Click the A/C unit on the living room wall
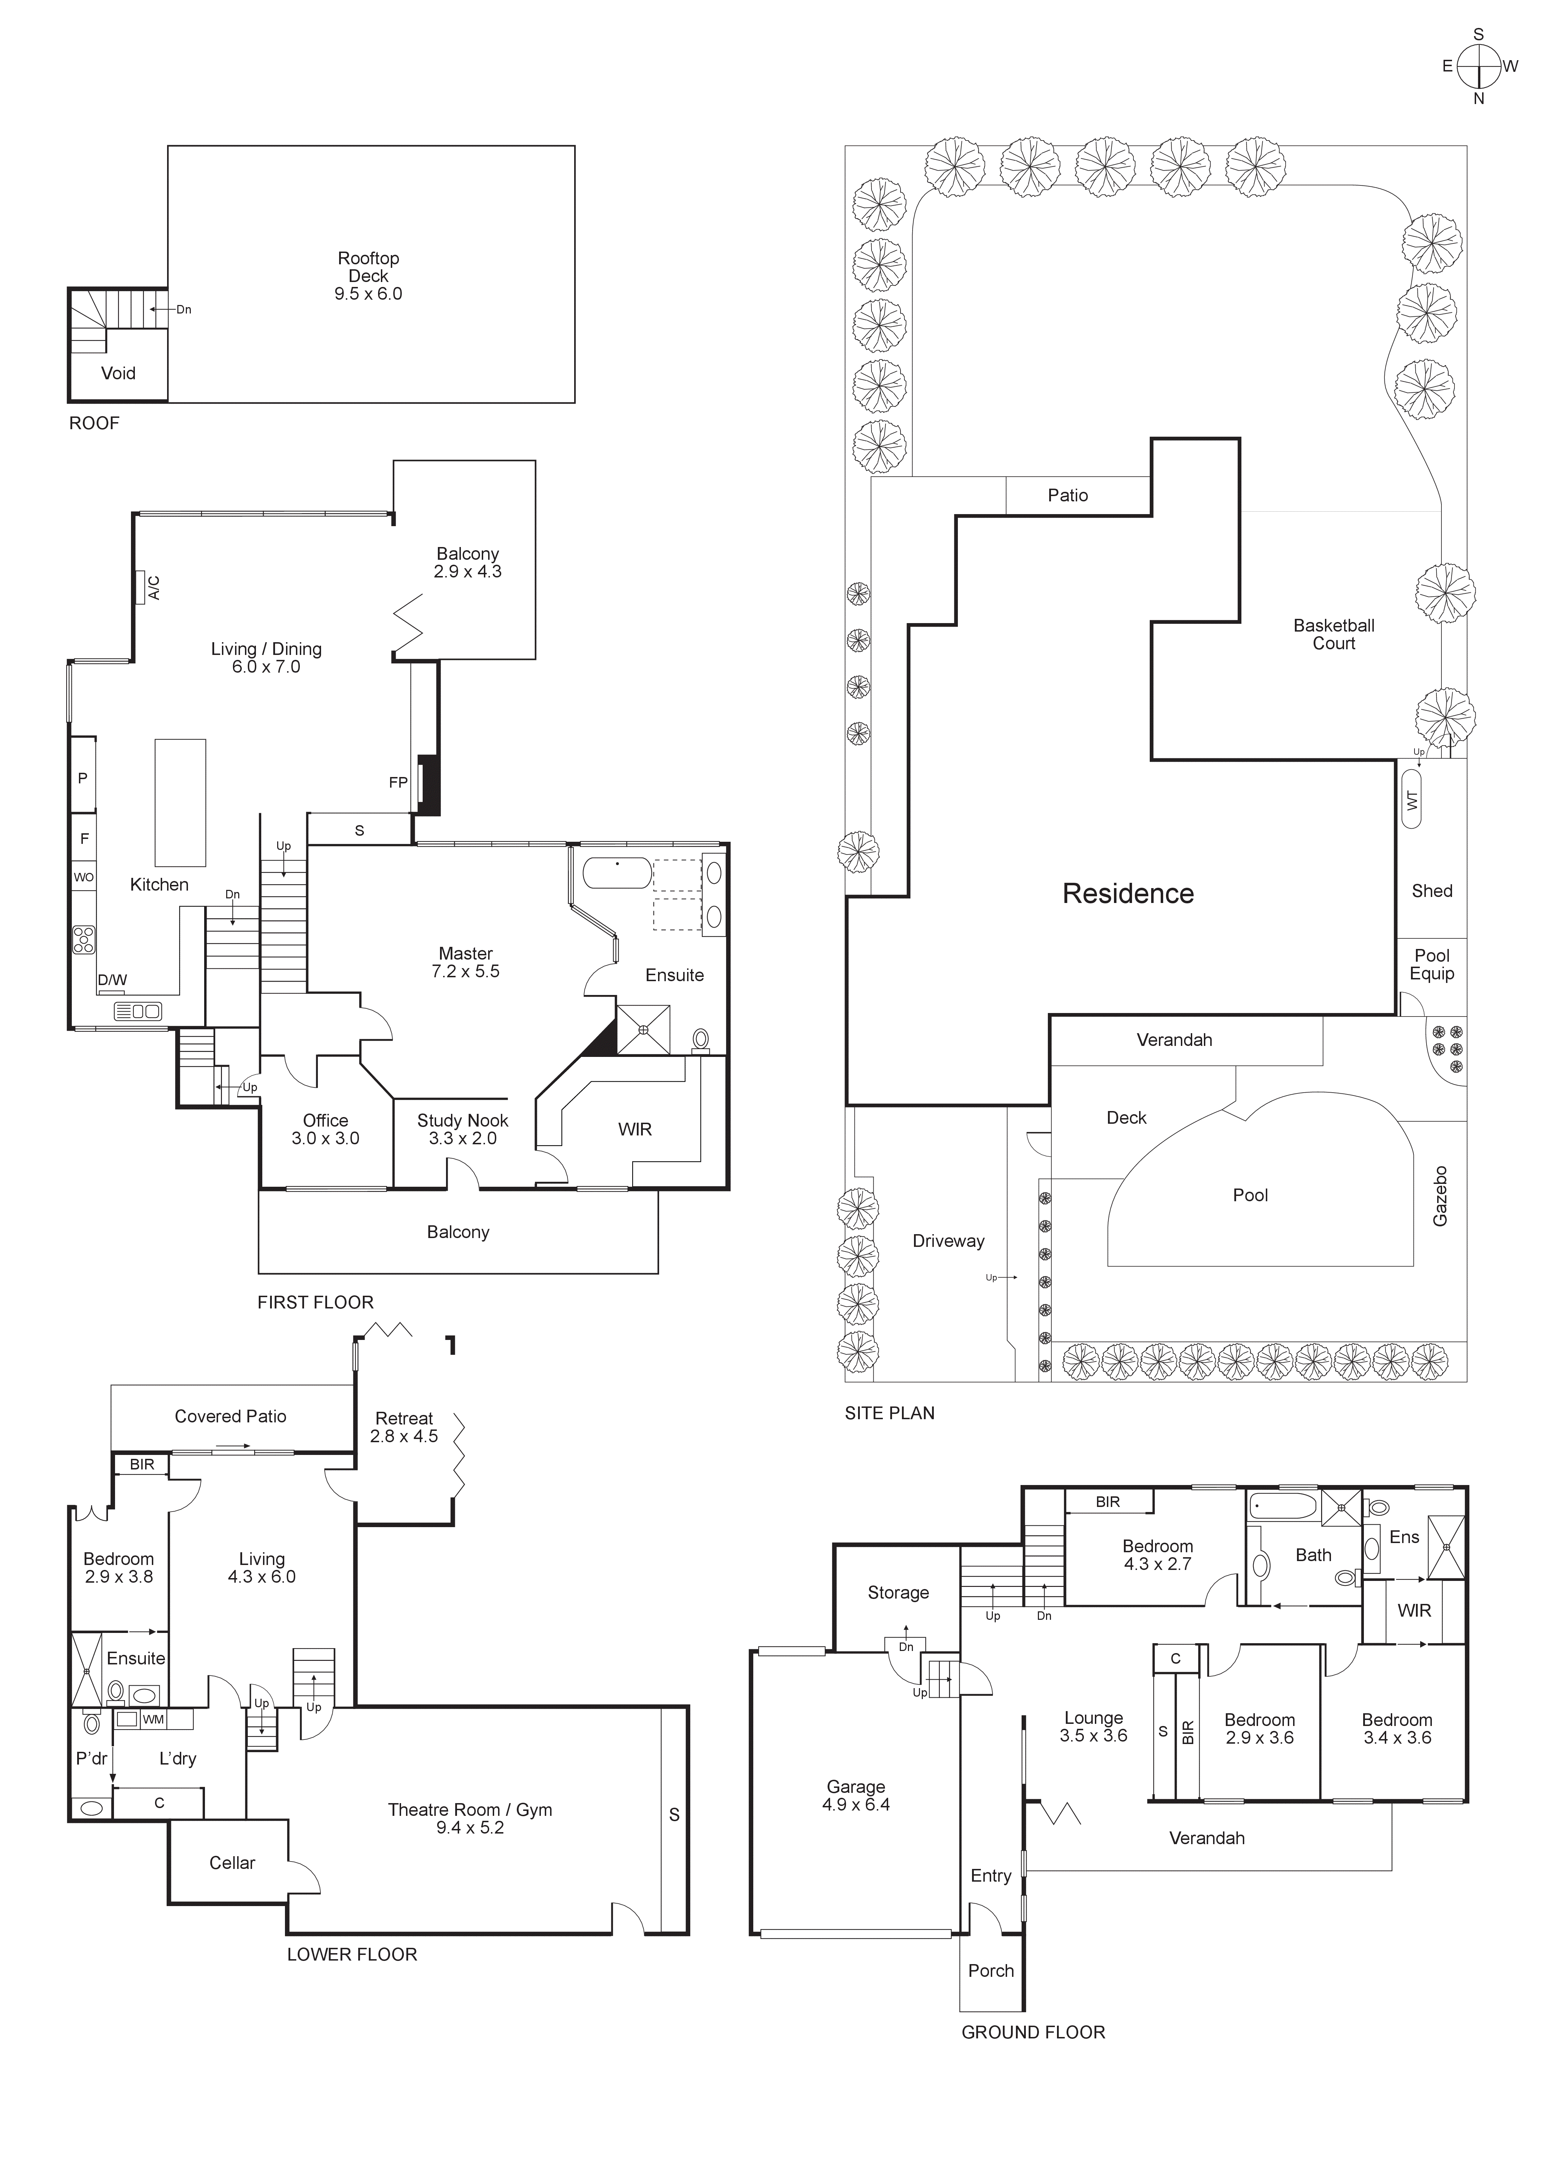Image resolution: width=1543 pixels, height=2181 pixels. [141, 587]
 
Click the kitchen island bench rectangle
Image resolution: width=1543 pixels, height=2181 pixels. [181, 803]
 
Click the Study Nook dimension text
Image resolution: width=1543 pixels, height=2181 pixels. [463, 1138]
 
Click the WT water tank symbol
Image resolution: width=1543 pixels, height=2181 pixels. [1412, 800]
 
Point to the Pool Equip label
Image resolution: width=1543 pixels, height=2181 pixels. [1432, 964]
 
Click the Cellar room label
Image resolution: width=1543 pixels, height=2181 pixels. [232, 1863]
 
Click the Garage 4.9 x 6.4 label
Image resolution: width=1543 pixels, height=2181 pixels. [855, 1795]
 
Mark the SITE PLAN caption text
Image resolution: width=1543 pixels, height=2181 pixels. [889, 1412]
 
